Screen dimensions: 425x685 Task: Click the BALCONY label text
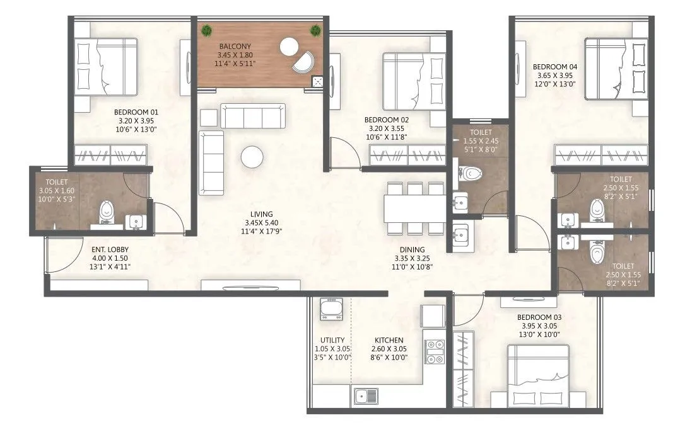coord(235,47)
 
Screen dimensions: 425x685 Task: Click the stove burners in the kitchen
coord(435,351)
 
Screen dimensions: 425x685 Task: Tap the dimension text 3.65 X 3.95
coord(555,75)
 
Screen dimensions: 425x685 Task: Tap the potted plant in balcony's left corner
coord(207,30)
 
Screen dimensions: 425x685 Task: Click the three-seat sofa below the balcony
coord(252,116)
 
